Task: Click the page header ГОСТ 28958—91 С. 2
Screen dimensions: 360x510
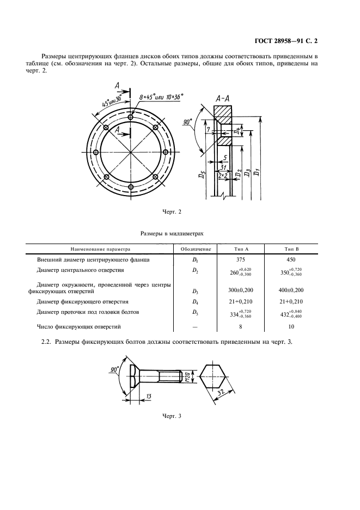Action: click(286, 41)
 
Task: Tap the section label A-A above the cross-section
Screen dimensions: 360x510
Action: click(223, 99)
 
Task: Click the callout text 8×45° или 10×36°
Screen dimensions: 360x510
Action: click(161, 97)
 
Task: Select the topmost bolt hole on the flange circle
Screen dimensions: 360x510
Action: click(131, 117)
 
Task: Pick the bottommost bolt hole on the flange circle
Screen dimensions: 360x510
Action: click(131, 187)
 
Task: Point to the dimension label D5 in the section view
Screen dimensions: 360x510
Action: click(202, 175)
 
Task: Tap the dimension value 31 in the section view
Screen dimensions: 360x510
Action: click(223, 167)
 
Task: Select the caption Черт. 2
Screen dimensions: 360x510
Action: click(172, 212)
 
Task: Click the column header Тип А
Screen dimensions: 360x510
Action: click(241, 249)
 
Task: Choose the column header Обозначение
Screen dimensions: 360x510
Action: click(196, 249)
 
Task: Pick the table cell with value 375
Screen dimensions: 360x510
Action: click(241, 259)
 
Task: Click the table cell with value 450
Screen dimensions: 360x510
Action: click(291, 259)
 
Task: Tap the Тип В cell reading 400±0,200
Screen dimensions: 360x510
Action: click(291, 290)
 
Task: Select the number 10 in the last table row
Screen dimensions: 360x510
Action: click(291, 326)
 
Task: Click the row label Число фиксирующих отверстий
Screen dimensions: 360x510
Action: click(79, 326)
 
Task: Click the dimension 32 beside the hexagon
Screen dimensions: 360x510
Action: click(222, 393)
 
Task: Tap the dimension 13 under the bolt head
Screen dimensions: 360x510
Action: click(149, 396)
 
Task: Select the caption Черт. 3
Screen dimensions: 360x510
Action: click(172, 416)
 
